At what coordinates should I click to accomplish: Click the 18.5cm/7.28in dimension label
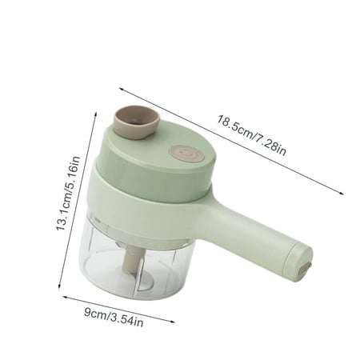pos(251,135)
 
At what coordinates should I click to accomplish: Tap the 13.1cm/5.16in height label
pos(68,194)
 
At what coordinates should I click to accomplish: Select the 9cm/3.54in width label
pos(114,317)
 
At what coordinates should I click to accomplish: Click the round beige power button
pos(186,154)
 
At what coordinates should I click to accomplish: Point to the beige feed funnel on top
pos(137,122)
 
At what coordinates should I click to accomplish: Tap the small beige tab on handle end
pos(305,268)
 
